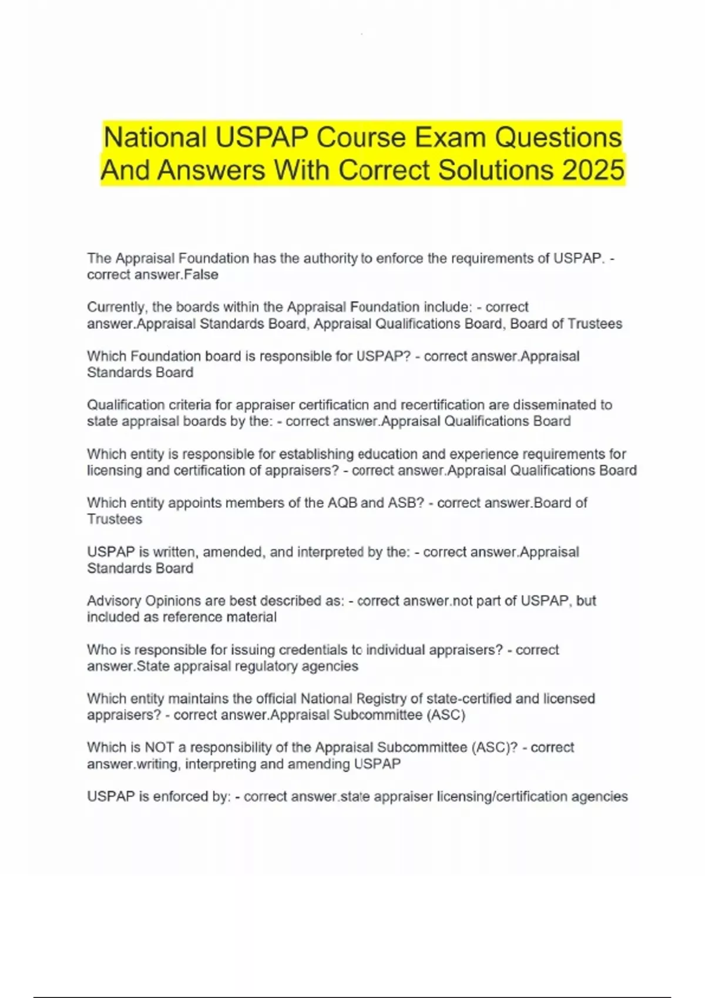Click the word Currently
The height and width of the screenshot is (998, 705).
point(117,307)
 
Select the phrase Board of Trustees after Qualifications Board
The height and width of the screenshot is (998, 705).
point(566,323)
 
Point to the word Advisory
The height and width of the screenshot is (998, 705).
point(114,601)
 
